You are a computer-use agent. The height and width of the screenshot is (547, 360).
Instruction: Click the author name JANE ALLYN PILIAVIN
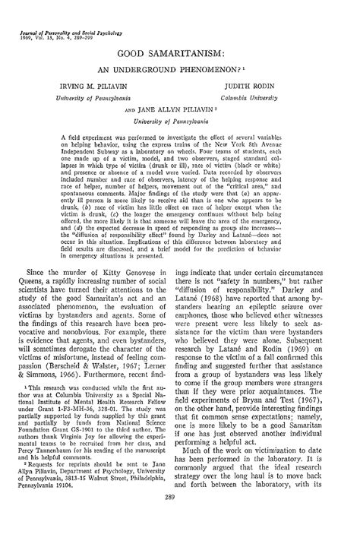coord(181,109)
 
